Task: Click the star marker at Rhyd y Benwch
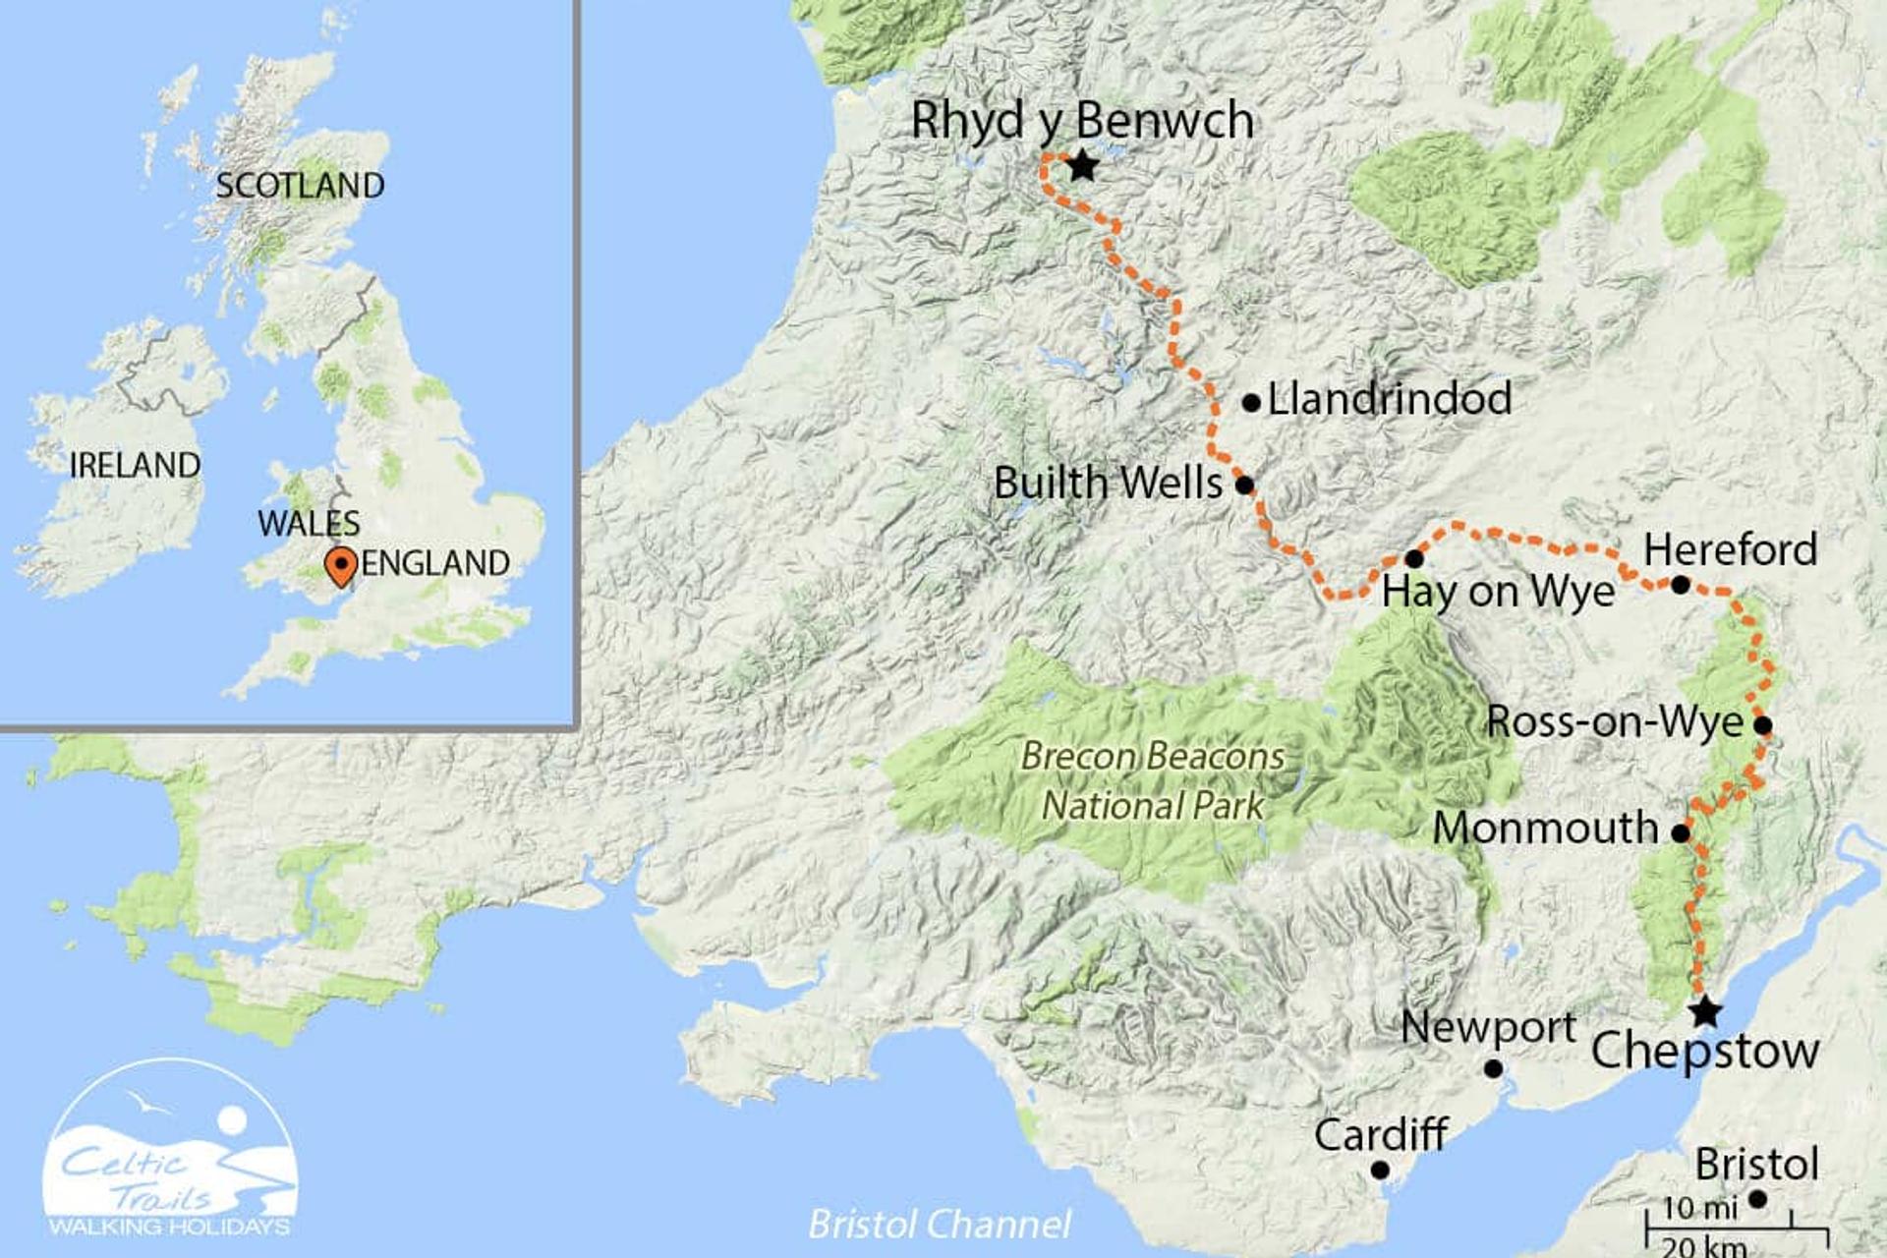(x=1082, y=166)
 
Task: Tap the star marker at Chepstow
(x=1705, y=1011)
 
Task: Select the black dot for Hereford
(x=1681, y=585)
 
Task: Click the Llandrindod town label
(x=1389, y=399)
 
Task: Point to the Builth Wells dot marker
(x=1244, y=485)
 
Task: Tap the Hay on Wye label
(x=1498, y=592)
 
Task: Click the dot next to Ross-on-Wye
(x=1763, y=726)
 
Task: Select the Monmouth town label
(x=1545, y=828)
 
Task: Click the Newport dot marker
(x=1493, y=1068)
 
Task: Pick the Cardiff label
(x=1380, y=1135)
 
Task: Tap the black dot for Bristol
(x=1758, y=1199)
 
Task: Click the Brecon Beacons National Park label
(x=1153, y=781)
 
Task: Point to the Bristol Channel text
(x=940, y=1225)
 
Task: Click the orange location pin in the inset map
(x=340, y=566)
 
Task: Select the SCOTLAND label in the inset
(x=300, y=186)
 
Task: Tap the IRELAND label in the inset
(x=135, y=465)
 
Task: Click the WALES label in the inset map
(x=309, y=523)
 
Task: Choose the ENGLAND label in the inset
(x=435, y=563)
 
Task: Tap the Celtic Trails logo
(x=171, y=1150)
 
